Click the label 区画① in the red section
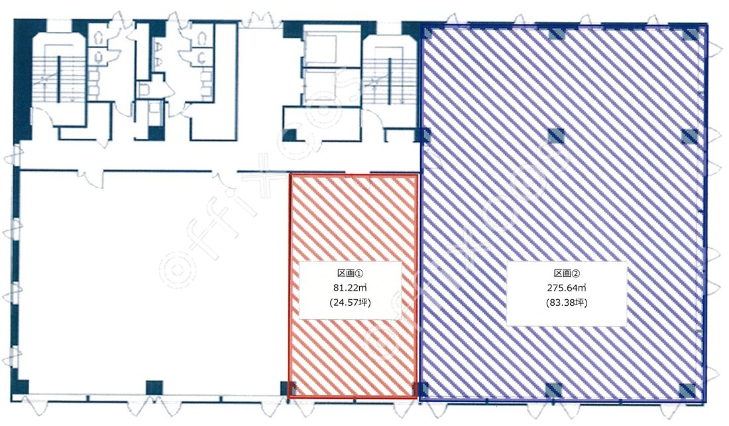(x=350, y=273)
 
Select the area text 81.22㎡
(x=350, y=288)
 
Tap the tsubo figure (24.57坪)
(x=350, y=303)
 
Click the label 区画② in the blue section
(x=566, y=273)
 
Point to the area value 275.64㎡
(x=566, y=288)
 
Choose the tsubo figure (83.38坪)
(x=566, y=303)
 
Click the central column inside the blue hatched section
(x=556, y=137)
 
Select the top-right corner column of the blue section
(x=691, y=34)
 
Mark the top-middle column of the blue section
(x=556, y=34)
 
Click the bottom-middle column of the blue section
(x=553, y=390)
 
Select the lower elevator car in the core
(x=320, y=87)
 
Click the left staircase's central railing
(x=59, y=79)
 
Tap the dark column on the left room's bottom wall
(x=154, y=388)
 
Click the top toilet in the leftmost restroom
(x=99, y=39)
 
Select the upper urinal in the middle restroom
(x=159, y=47)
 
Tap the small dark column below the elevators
(x=290, y=135)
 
